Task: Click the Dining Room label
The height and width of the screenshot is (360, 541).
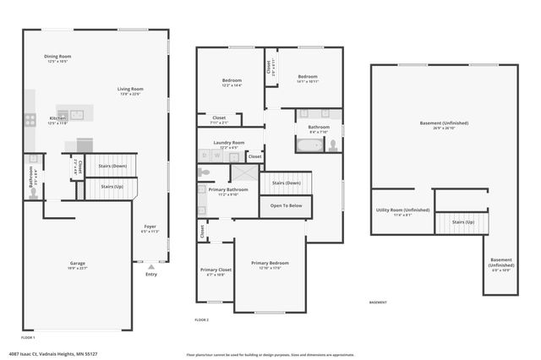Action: [57, 57]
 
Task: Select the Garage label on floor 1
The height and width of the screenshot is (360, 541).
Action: [77, 264]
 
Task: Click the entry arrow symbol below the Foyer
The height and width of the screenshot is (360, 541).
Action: [151, 266]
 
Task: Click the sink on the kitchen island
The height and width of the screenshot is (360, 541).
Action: [75, 114]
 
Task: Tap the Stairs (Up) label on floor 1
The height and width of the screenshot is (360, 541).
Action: [112, 186]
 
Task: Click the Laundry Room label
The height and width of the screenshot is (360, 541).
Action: [227, 142]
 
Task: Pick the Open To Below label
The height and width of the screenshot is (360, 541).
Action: [286, 205]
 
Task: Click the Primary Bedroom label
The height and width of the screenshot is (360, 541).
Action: [270, 263]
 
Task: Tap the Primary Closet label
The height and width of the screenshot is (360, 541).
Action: [215, 270]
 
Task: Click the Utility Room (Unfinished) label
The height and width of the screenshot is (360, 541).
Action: [402, 210]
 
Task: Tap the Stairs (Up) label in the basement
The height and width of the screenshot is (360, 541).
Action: [462, 222]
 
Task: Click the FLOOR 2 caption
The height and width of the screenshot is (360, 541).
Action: [201, 320]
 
